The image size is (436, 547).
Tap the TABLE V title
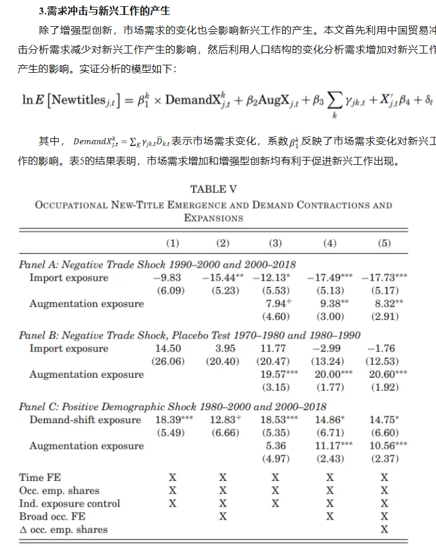point(213,189)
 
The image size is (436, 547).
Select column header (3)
point(275,243)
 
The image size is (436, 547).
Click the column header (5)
point(384,243)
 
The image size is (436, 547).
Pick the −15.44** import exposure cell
point(222,278)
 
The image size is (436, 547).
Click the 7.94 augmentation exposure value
point(277,304)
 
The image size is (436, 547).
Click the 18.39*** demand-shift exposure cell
point(171,420)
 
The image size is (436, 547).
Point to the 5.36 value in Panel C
point(275,446)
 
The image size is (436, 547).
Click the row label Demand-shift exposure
point(85,420)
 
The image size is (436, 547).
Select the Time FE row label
point(40,477)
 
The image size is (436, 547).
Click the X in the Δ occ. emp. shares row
point(384,530)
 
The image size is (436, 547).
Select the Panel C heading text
point(173,406)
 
